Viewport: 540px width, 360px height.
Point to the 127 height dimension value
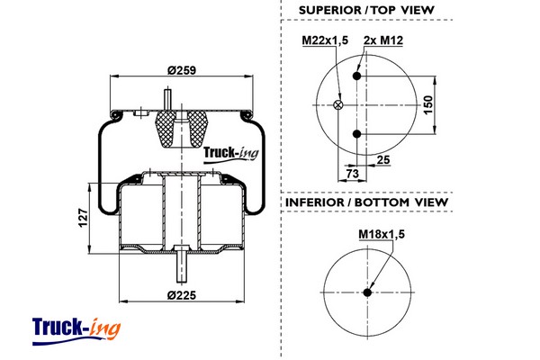click(82, 217)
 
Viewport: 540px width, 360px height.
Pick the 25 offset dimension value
click(383, 159)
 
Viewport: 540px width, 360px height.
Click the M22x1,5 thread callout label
click(323, 40)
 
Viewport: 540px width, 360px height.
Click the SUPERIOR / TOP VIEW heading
click(366, 10)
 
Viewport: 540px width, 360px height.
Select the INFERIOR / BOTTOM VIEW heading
click(366, 202)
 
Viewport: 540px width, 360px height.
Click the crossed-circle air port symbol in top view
click(338, 105)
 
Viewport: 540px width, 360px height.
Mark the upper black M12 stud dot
click(357, 77)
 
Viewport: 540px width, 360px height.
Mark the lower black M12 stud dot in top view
click(357, 134)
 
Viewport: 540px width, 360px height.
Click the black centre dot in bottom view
click(367, 291)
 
